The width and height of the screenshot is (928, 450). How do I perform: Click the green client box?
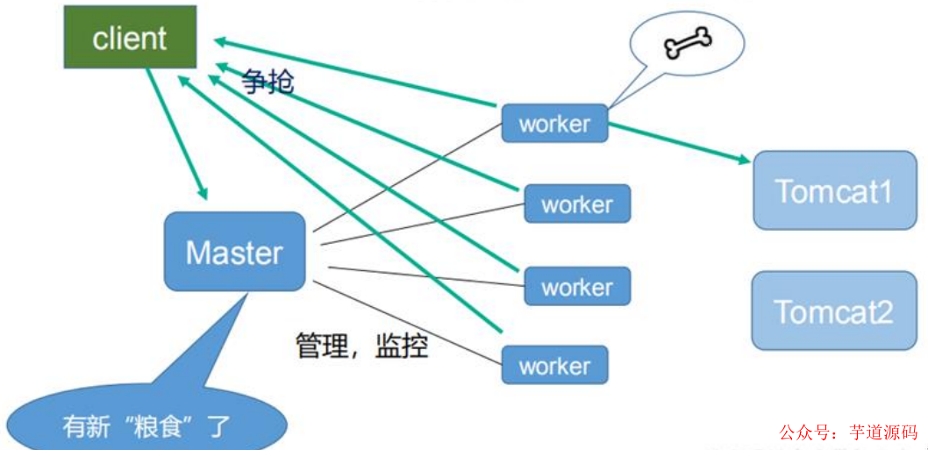click(129, 39)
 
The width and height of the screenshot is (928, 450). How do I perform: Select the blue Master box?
click(234, 252)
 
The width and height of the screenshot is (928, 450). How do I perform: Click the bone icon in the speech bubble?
click(688, 41)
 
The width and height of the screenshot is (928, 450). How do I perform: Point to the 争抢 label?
click(268, 82)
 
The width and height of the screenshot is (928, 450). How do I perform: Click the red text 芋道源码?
click(882, 432)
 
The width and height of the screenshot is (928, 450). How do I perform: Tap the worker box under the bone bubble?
click(554, 124)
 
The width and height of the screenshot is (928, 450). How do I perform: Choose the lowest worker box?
click(554, 365)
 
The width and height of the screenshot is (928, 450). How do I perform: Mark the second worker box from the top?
click(577, 204)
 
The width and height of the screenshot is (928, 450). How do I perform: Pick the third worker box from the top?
click(577, 287)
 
